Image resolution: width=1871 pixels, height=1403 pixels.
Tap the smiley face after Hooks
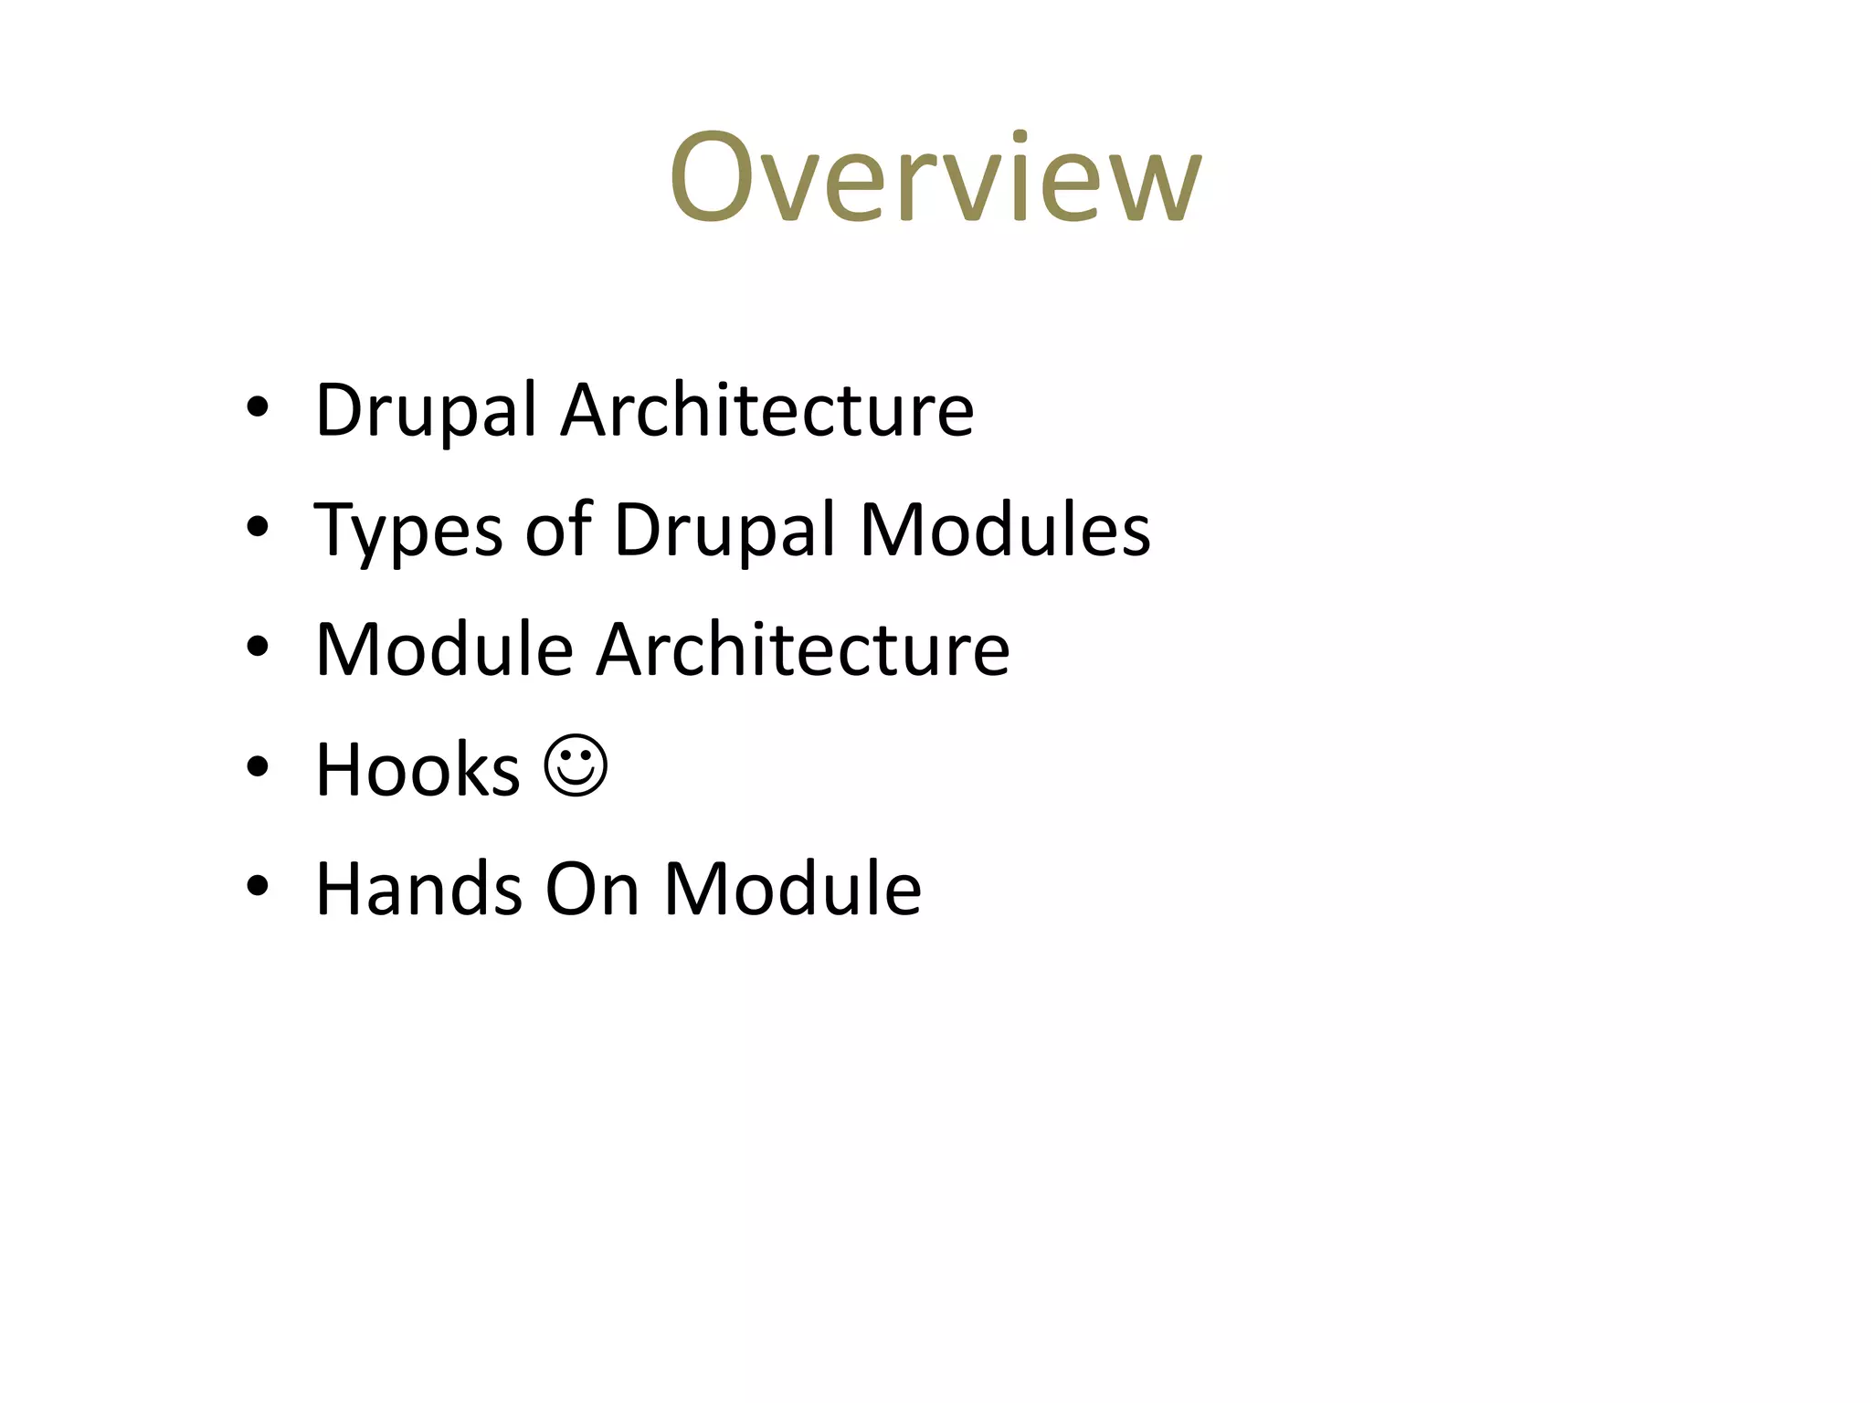tap(576, 766)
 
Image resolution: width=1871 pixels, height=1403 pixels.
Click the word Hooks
tap(418, 769)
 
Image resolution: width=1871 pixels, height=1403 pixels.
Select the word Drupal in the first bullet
tap(425, 411)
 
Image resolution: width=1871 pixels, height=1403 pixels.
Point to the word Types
tap(408, 532)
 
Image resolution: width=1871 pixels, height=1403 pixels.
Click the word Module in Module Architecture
tap(444, 649)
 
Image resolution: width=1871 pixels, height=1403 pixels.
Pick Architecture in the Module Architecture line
tap(803, 649)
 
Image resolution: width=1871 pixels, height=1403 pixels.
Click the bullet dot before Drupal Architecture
tap(258, 408)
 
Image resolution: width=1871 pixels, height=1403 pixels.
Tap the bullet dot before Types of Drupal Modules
tap(258, 527)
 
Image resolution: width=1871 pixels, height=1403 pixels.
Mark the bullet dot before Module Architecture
tap(258, 647)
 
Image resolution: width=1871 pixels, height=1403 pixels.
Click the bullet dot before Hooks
tap(258, 766)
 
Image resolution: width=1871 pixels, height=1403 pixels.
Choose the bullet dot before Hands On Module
tap(258, 886)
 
